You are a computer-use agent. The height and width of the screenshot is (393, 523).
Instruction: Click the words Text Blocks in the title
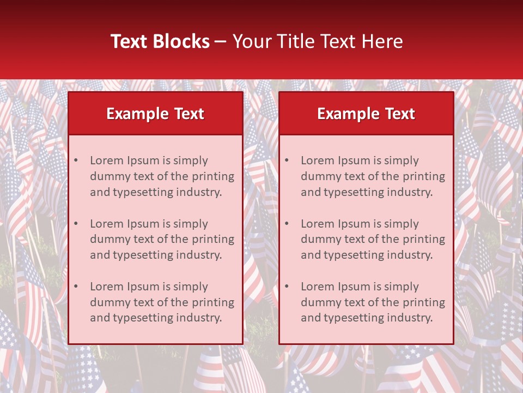point(160,41)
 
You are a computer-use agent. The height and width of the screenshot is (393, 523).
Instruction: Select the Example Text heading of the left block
point(155,114)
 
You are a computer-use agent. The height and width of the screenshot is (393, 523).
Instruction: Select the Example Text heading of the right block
point(366,114)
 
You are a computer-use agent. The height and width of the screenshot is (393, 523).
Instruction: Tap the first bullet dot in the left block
point(76,160)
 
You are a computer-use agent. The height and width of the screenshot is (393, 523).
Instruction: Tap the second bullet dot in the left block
point(76,224)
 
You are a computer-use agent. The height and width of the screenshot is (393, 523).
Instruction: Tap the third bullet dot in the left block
point(76,287)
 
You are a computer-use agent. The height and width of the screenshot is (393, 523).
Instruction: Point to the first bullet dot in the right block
point(287,160)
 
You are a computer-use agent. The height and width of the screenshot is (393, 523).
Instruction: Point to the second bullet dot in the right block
point(287,224)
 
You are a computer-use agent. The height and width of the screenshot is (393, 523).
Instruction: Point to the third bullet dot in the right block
point(287,287)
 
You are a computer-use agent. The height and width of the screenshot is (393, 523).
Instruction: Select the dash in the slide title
point(221,41)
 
